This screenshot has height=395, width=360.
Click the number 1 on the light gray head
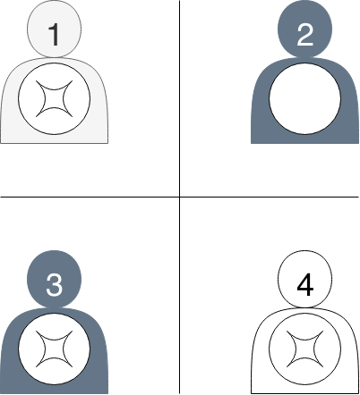pos(55,35)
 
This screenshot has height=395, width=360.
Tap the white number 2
pos(305,35)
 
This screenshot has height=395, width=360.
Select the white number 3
pos(55,285)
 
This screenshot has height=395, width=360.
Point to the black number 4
pos(305,285)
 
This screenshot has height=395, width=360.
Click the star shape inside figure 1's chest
pos(55,98)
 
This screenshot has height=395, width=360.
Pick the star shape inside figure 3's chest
pos(55,349)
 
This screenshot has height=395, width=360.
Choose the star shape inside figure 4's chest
pos(305,349)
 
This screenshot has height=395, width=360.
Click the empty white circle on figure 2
pos(305,98)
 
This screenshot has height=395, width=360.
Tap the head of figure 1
pos(55,29)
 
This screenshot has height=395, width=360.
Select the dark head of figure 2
pos(305,29)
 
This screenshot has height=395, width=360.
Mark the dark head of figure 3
pos(55,279)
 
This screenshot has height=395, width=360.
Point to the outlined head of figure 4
pos(305,279)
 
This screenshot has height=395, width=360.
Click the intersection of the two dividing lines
pos(179,197)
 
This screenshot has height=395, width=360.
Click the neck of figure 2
pos(305,57)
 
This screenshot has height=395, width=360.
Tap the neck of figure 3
pos(55,307)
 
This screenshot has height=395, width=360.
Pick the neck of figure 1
pos(55,57)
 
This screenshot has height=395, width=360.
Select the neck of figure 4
pos(305,307)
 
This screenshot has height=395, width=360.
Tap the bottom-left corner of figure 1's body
pos(1,143)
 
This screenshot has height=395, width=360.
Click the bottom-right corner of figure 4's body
pos(358,393)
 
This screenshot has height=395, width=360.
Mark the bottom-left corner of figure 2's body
pos(251,143)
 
